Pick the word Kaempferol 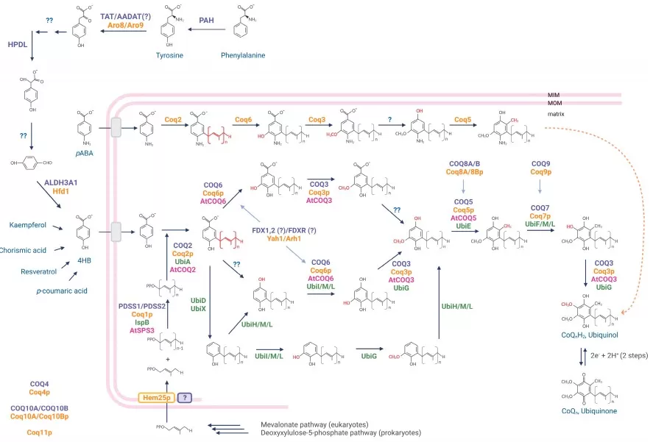(x=29, y=224)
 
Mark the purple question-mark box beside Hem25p (x=185, y=397)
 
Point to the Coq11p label (x=39, y=432)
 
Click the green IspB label (x=142, y=322)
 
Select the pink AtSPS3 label (x=142, y=331)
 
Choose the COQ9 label (x=540, y=163)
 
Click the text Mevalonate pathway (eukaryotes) (x=314, y=424)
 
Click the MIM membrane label (x=554, y=95)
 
